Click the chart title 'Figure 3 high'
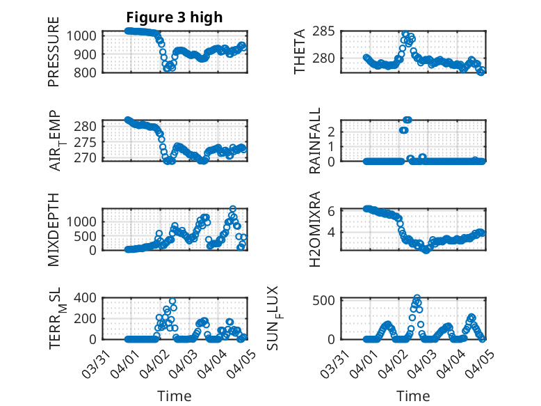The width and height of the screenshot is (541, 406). (x=175, y=17)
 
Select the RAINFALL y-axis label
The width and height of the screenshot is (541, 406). (x=315, y=141)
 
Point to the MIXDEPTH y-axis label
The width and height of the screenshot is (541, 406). (x=54, y=229)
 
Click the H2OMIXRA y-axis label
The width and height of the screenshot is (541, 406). (x=315, y=229)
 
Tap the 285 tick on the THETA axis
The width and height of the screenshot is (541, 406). (x=328, y=31)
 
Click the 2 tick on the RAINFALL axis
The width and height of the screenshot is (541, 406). (x=332, y=131)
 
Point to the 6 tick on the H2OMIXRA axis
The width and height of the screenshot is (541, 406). (x=332, y=211)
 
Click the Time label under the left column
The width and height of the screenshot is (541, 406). (x=175, y=396)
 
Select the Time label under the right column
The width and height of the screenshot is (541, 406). (x=413, y=396)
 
